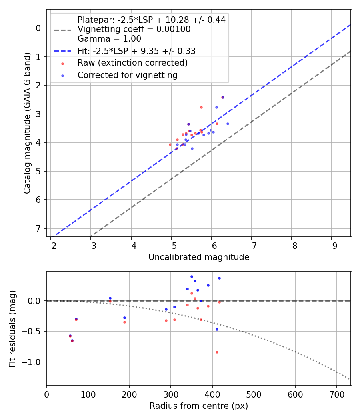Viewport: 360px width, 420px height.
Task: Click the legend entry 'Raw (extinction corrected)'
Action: click(132, 63)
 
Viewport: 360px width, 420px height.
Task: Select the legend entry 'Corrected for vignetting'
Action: click(128, 75)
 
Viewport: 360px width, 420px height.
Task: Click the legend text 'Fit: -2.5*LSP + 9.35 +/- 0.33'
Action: click(136, 51)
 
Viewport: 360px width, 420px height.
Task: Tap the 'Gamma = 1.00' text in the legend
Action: click(109, 39)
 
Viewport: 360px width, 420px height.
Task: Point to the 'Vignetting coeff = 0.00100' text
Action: click(134, 29)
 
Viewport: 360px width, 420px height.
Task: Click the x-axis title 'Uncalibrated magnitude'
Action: click(199, 257)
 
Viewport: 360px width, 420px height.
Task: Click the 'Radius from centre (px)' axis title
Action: click(199, 406)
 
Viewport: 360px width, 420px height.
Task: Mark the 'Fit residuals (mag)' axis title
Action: click(13, 328)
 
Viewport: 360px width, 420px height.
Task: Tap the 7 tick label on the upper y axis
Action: click(39, 228)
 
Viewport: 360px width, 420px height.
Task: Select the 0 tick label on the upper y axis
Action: click(39, 28)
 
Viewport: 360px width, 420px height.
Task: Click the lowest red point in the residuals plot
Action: click(217, 352)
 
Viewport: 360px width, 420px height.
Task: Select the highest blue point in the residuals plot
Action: click(192, 276)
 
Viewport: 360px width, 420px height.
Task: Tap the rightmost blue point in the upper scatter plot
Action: click(228, 124)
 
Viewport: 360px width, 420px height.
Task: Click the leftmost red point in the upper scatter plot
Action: click(170, 144)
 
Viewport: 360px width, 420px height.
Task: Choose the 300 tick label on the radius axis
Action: click(171, 394)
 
